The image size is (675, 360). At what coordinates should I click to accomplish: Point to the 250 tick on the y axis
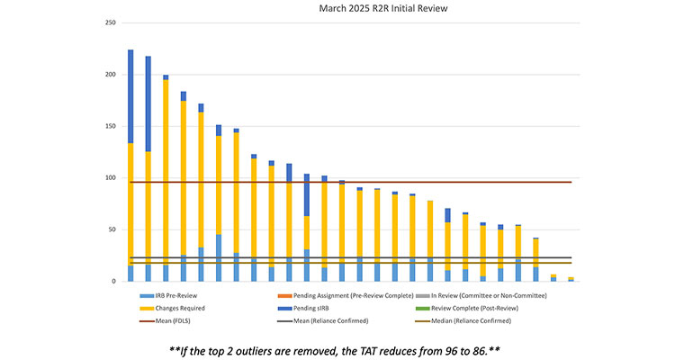click(x=111, y=22)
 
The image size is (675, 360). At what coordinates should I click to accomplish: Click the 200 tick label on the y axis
click(x=111, y=75)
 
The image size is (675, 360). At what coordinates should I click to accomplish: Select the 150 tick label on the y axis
click(x=111, y=127)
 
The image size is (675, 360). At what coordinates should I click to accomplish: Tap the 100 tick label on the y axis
click(x=111, y=178)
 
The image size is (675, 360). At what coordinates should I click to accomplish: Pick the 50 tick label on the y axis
click(x=112, y=230)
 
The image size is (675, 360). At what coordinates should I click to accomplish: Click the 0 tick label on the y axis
click(x=114, y=282)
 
